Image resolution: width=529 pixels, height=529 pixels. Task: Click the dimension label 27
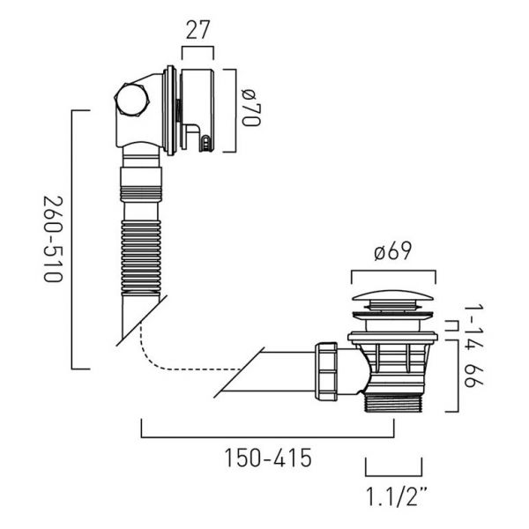point(197,30)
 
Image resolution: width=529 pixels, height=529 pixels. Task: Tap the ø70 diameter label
point(251,108)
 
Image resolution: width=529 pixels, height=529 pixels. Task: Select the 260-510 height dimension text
point(53,239)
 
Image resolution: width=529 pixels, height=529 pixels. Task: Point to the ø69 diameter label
point(393,251)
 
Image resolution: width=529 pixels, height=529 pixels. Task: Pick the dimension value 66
point(473,376)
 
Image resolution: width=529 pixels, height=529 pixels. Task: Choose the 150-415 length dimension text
point(268,458)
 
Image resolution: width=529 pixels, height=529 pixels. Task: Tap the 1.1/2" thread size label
point(397,496)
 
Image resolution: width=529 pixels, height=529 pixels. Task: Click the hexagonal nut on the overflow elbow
point(131,101)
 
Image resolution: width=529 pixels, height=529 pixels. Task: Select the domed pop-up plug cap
point(393,296)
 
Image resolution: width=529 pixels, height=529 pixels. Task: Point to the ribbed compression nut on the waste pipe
point(326,371)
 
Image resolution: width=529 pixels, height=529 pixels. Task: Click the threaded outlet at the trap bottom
point(394,403)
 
